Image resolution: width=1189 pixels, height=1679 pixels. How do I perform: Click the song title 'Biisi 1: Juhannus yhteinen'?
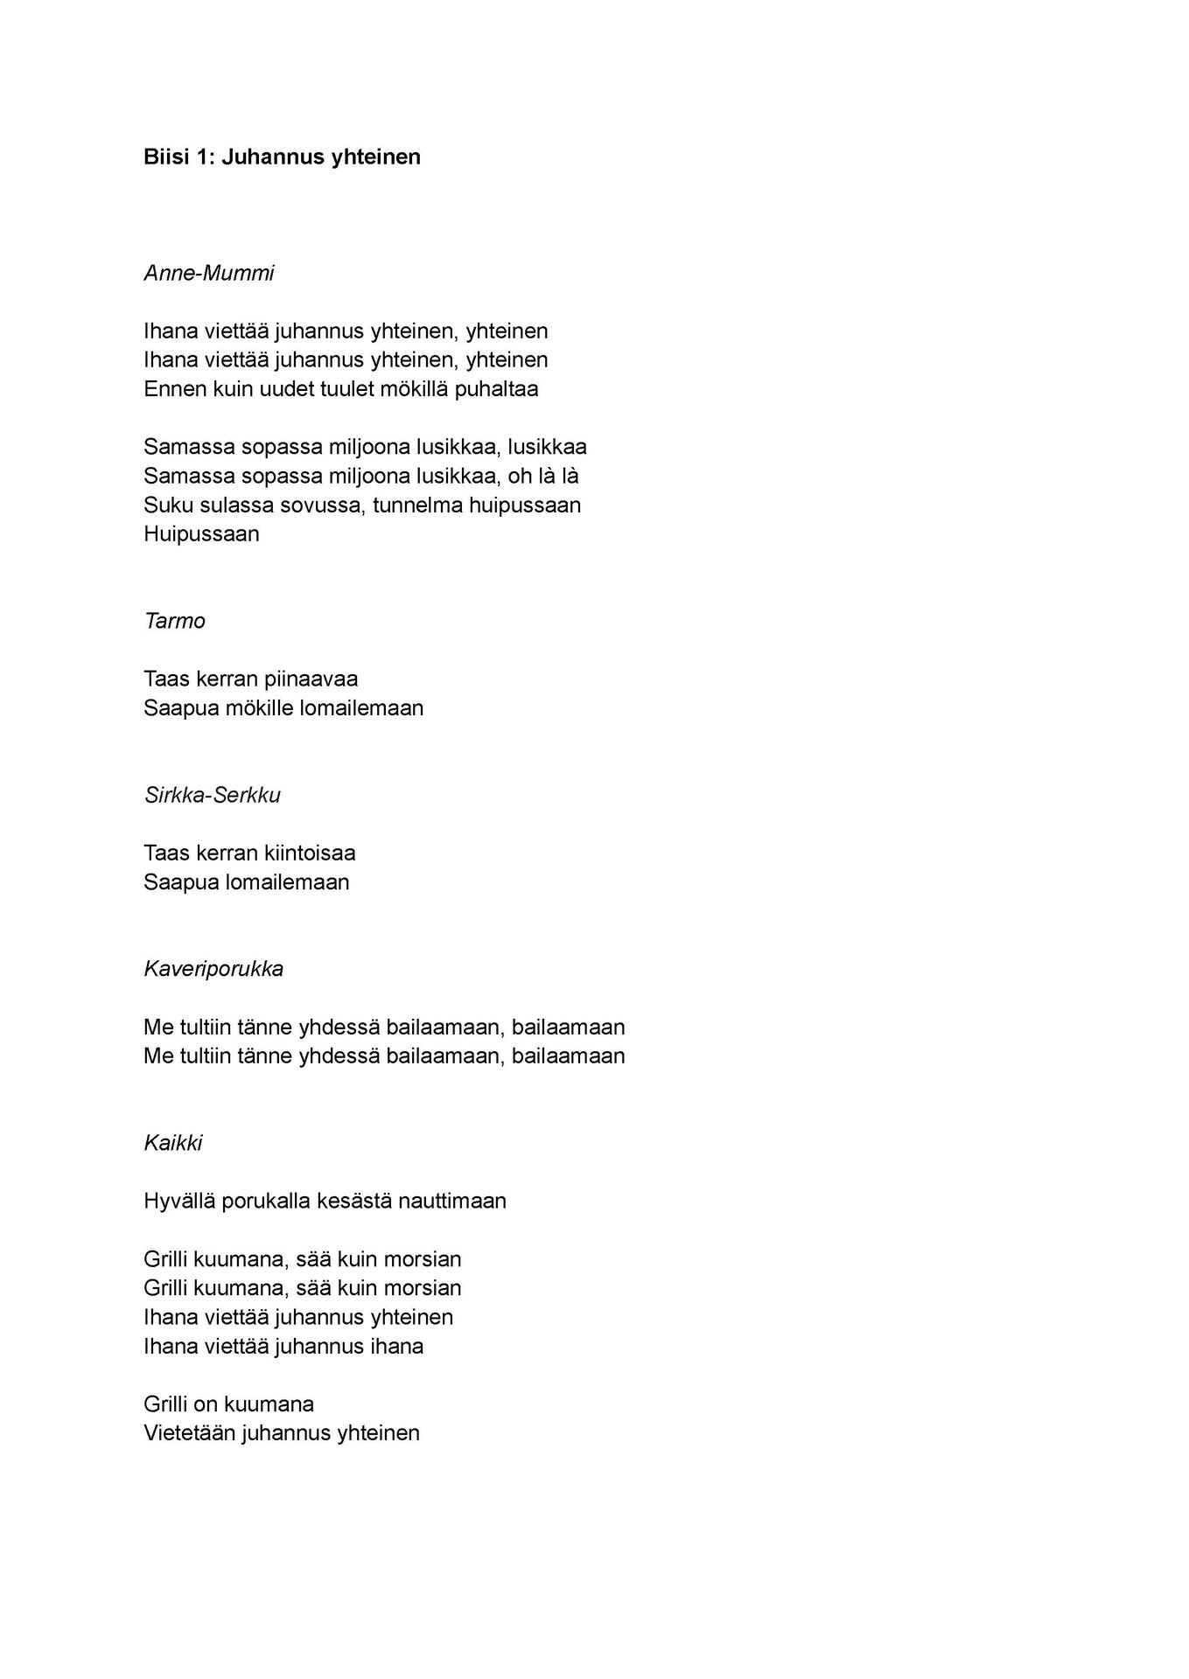[x=282, y=157]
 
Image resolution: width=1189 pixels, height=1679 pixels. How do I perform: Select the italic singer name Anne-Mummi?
[x=208, y=274]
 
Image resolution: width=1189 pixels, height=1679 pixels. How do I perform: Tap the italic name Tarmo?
[x=174, y=622]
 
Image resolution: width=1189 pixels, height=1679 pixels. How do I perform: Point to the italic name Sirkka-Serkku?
[x=212, y=796]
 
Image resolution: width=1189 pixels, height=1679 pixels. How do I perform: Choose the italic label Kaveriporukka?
[x=213, y=970]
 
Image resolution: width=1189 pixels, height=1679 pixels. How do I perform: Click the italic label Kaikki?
[x=173, y=1144]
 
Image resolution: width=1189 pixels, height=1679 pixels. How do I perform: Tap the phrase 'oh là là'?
[x=543, y=477]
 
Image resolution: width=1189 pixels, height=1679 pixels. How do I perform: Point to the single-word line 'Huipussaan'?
[x=201, y=534]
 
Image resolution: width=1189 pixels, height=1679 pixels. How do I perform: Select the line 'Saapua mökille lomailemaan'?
[x=283, y=708]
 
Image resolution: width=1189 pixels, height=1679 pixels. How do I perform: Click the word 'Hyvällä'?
[x=179, y=1202]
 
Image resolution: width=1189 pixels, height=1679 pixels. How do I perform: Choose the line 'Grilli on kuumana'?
[x=228, y=1404]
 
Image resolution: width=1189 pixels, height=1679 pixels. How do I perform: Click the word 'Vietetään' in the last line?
[x=190, y=1433]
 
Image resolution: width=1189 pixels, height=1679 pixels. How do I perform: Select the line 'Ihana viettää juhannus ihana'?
[x=283, y=1347]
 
